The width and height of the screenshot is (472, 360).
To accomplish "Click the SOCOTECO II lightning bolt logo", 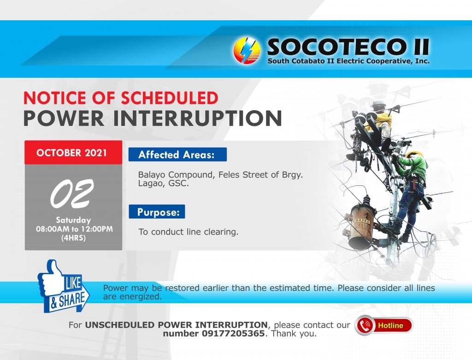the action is (247, 51).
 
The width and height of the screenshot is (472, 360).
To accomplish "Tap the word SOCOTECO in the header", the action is (335, 47).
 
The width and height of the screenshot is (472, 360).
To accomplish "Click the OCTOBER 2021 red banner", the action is (73, 152).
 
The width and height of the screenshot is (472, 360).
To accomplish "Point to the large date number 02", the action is (72, 194).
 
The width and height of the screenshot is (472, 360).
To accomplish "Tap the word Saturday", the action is (73, 220).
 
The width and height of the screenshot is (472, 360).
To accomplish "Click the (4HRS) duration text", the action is (73, 238).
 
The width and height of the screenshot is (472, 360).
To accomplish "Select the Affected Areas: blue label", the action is (177, 154).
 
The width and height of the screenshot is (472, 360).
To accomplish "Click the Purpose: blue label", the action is (157, 212).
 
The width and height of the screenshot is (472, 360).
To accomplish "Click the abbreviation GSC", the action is (178, 183).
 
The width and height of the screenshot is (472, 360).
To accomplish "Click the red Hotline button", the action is (384, 325).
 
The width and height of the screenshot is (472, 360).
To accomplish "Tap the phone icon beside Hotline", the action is (365, 325).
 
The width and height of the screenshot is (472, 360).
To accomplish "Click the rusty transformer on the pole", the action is (360, 224).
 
